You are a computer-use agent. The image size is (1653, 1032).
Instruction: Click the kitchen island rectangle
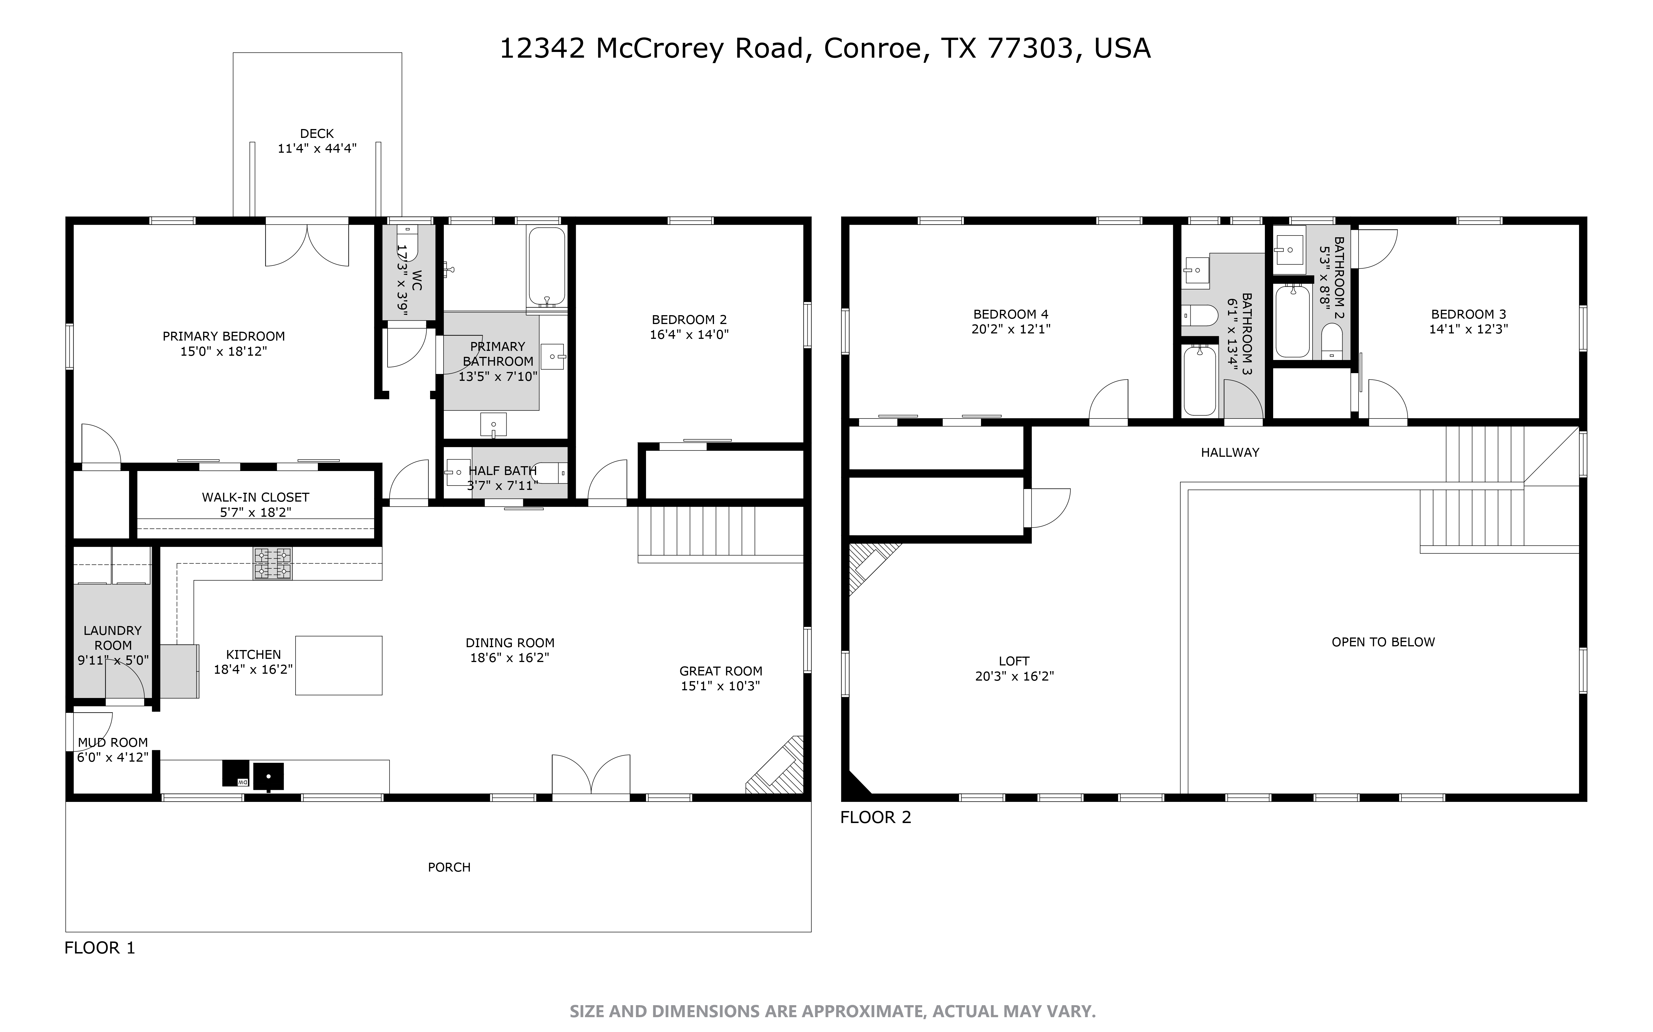point(339,665)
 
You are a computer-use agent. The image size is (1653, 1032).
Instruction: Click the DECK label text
point(317,134)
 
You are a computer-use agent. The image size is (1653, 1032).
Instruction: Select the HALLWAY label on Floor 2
point(1230,452)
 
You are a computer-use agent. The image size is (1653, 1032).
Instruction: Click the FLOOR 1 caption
point(100,948)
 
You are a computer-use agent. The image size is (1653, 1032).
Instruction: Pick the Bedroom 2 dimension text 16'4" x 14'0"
point(690,335)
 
